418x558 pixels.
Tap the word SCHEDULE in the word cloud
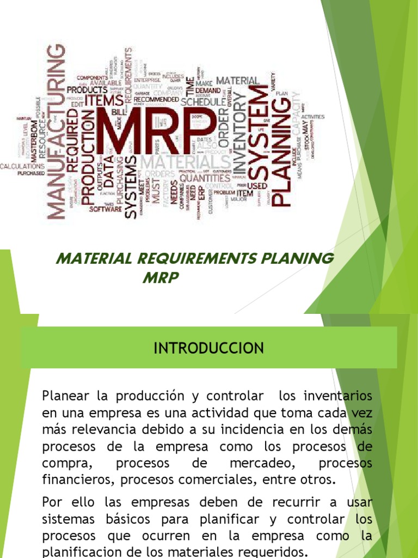(x=203, y=102)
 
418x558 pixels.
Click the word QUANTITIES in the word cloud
(x=204, y=177)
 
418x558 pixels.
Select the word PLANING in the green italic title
(x=298, y=258)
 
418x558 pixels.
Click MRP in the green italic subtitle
(x=161, y=278)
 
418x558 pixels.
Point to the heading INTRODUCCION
(x=209, y=348)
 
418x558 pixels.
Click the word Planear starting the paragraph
(x=63, y=394)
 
